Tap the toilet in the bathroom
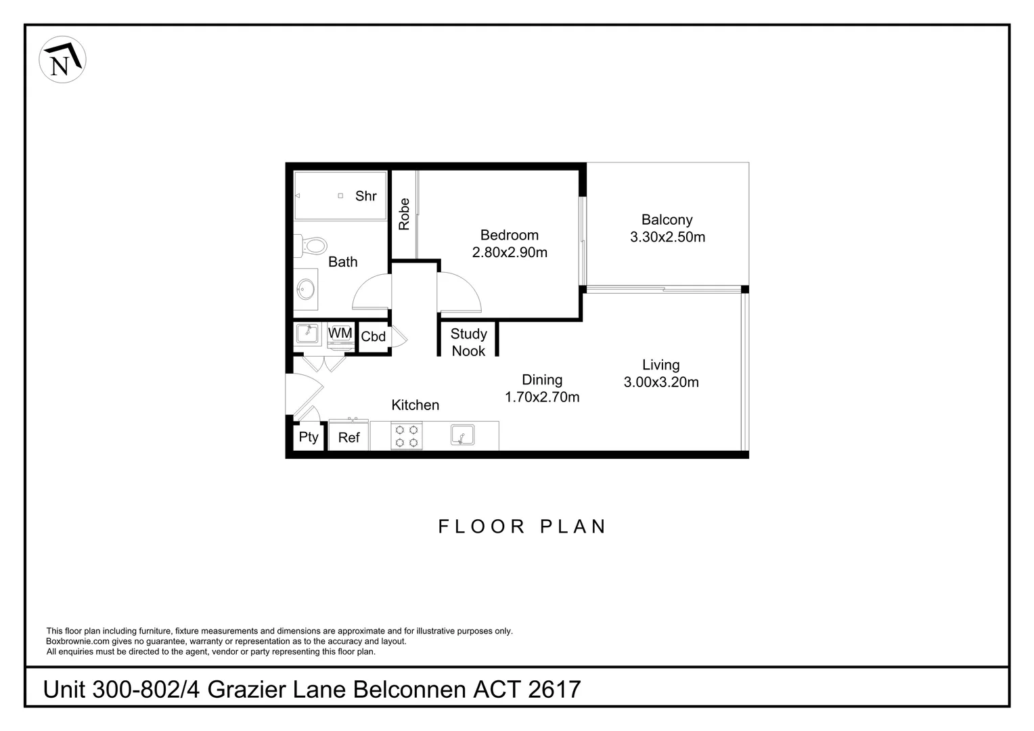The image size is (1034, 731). click(x=311, y=245)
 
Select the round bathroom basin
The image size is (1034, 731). click(x=306, y=290)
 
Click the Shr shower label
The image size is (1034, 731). click(x=365, y=196)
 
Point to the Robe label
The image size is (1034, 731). click(x=404, y=214)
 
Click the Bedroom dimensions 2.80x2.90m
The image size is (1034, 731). click(x=510, y=252)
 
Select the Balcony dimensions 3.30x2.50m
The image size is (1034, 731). click(x=667, y=237)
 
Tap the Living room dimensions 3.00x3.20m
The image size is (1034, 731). click(x=661, y=382)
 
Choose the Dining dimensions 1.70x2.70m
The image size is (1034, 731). click(x=542, y=397)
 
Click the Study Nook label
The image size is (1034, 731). click(x=468, y=342)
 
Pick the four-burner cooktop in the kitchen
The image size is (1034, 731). click(x=406, y=436)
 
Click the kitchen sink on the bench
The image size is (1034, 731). click(x=463, y=435)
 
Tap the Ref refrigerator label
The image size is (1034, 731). click(x=349, y=438)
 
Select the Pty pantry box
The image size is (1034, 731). click(x=309, y=437)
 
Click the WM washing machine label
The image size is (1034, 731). click(x=340, y=334)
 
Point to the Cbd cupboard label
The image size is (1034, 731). click(x=374, y=336)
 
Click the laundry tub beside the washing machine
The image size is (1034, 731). click(x=308, y=334)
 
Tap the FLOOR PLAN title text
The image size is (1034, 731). click(x=522, y=527)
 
